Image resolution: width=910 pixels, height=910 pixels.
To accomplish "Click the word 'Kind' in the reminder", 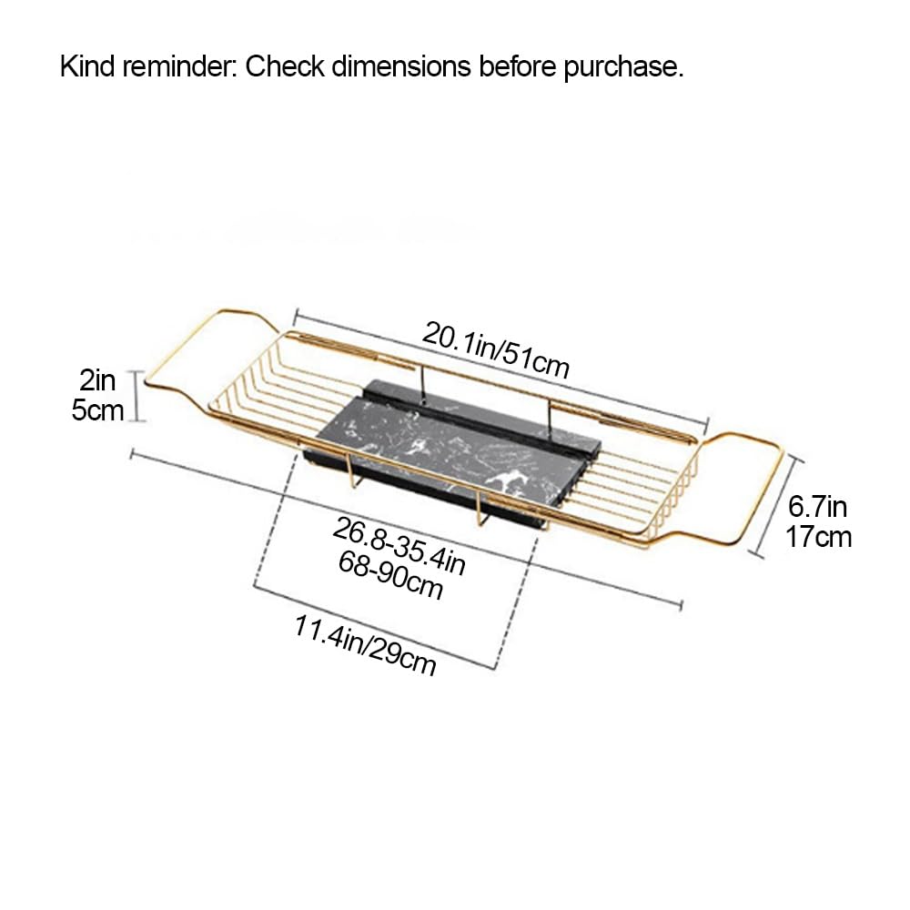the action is pyautogui.click(x=87, y=66).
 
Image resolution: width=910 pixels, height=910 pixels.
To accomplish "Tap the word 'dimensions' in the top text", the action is pyautogui.click(x=401, y=66).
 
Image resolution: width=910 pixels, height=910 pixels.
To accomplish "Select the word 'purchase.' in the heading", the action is pyautogui.click(x=624, y=68).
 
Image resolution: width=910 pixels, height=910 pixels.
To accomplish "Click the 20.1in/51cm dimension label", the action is pyautogui.click(x=496, y=350).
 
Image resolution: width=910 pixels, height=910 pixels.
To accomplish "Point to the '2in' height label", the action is pyautogui.click(x=97, y=380).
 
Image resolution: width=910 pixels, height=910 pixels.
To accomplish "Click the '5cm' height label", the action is pyautogui.click(x=97, y=410).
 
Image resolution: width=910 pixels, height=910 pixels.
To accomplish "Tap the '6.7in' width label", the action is pyautogui.click(x=817, y=507).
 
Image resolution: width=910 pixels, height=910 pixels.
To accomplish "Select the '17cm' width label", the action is pyautogui.click(x=818, y=536).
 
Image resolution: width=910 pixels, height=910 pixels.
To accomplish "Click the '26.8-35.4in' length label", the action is pyautogui.click(x=399, y=547).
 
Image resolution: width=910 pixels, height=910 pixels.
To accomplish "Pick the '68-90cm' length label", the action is pyautogui.click(x=390, y=575).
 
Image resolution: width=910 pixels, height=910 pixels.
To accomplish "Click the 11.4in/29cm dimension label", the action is pyautogui.click(x=365, y=645).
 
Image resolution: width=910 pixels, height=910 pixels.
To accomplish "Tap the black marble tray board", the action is pyautogui.click(x=450, y=447).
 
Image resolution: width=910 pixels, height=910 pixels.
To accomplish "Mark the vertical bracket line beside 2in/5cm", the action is pyautogui.click(x=137, y=396).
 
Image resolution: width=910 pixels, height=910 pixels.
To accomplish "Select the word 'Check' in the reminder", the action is pyautogui.click(x=284, y=66).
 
